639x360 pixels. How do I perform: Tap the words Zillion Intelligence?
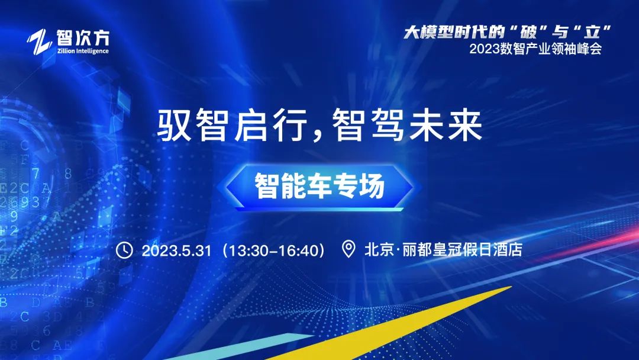(83, 51)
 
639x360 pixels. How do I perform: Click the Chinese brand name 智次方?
(83, 38)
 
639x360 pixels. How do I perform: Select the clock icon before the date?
(124, 250)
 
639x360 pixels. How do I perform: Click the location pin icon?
(348, 249)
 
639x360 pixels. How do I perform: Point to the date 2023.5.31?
(176, 250)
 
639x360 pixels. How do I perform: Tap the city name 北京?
(379, 249)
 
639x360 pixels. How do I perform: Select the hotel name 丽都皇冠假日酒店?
(463, 249)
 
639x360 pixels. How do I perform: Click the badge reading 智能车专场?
(319, 187)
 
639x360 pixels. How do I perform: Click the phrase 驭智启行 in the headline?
(233, 126)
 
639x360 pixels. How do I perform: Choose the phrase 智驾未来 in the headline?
(408, 126)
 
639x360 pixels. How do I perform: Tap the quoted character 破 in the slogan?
(528, 33)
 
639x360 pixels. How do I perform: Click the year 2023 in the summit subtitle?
(485, 49)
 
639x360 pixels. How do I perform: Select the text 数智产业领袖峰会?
(551, 49)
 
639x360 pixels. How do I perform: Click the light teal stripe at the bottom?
(240, 346)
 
